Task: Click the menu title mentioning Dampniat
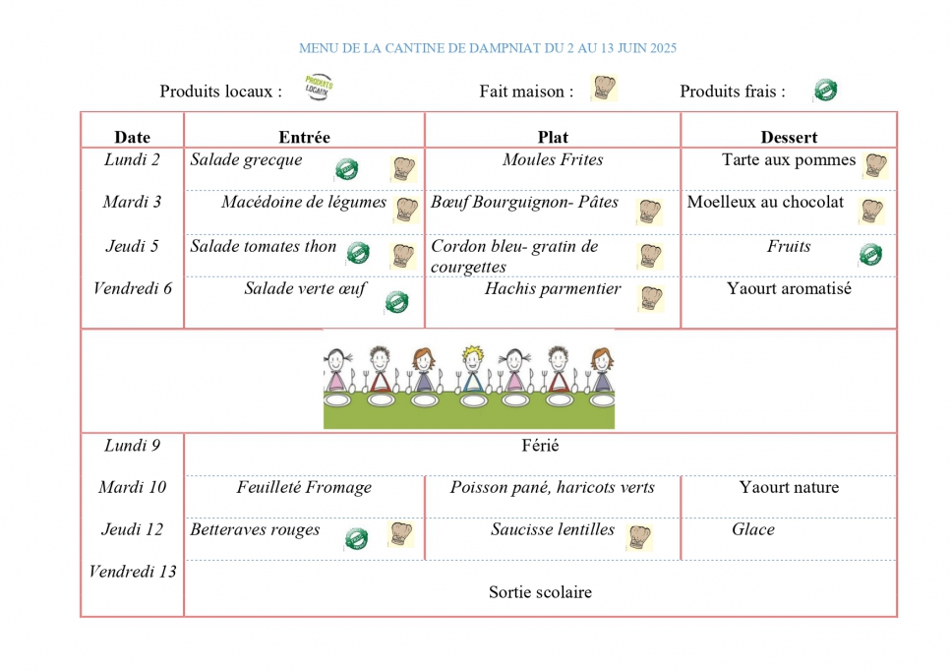pyautogui.click(x=488, y=48)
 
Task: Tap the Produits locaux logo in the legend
pyautogui.click(x=319, y=88)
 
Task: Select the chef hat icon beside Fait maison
pyautogui.click(x=604, y=88)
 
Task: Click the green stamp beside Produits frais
pyautogui.click(x=825, y=90)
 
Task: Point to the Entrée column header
pyautogui.click(x=305, y=137)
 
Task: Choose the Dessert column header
pyautogui.click(x=789, y=137)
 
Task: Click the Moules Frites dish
pyautogui.click(x=553, y=159)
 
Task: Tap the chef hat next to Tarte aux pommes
pyautogui.click(x=876, y=165)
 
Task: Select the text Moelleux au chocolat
pyautogui.click(x=765, y=202)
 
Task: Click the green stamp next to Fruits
pyautogui.click(x=871, y=255)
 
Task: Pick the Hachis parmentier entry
pyautogui.click(x=553, y=288)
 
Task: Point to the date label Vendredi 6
pyautogui.click(x=132, y=288)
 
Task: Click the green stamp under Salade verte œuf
pyautogui.click(x=396, y=302)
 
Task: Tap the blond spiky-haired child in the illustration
pyautogui.click(x=472, y=367)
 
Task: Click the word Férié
pyautogui.click(x=540, y=446)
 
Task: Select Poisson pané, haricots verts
pyautogui.click(x=553, y=487)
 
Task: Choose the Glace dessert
pyautogui.click(x=752, y=529)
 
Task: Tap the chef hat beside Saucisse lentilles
pyautogui.click(x=640, y=536)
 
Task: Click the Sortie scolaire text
pyautogui.click(x=540, y=592)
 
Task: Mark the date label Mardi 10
pyautogui.click(x=132, y=487)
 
